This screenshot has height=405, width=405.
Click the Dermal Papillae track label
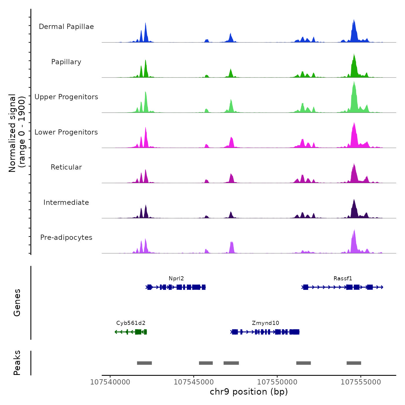(66, 27)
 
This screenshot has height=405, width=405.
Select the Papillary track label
(66, 62)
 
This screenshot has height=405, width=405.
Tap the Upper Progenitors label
(66, 97)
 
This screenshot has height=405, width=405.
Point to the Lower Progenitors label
(66, 132)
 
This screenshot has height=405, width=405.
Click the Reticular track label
(66, 167)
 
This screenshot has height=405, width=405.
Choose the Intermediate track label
(66, 203)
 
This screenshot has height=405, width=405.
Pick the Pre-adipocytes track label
(66, 238)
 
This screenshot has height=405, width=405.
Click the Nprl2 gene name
(176, 279)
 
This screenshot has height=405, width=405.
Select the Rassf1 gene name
(343, 279)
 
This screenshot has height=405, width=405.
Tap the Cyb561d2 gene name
(131, 323)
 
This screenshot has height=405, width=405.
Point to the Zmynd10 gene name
(266, 323)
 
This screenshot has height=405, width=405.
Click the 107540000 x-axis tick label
(110, 382)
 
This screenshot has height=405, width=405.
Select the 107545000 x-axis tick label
(194, 382)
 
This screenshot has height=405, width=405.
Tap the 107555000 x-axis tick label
(361, 382)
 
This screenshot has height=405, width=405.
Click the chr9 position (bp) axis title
(249, 392)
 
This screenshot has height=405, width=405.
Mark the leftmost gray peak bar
(144, 363)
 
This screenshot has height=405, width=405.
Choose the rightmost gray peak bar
(354, 363)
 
